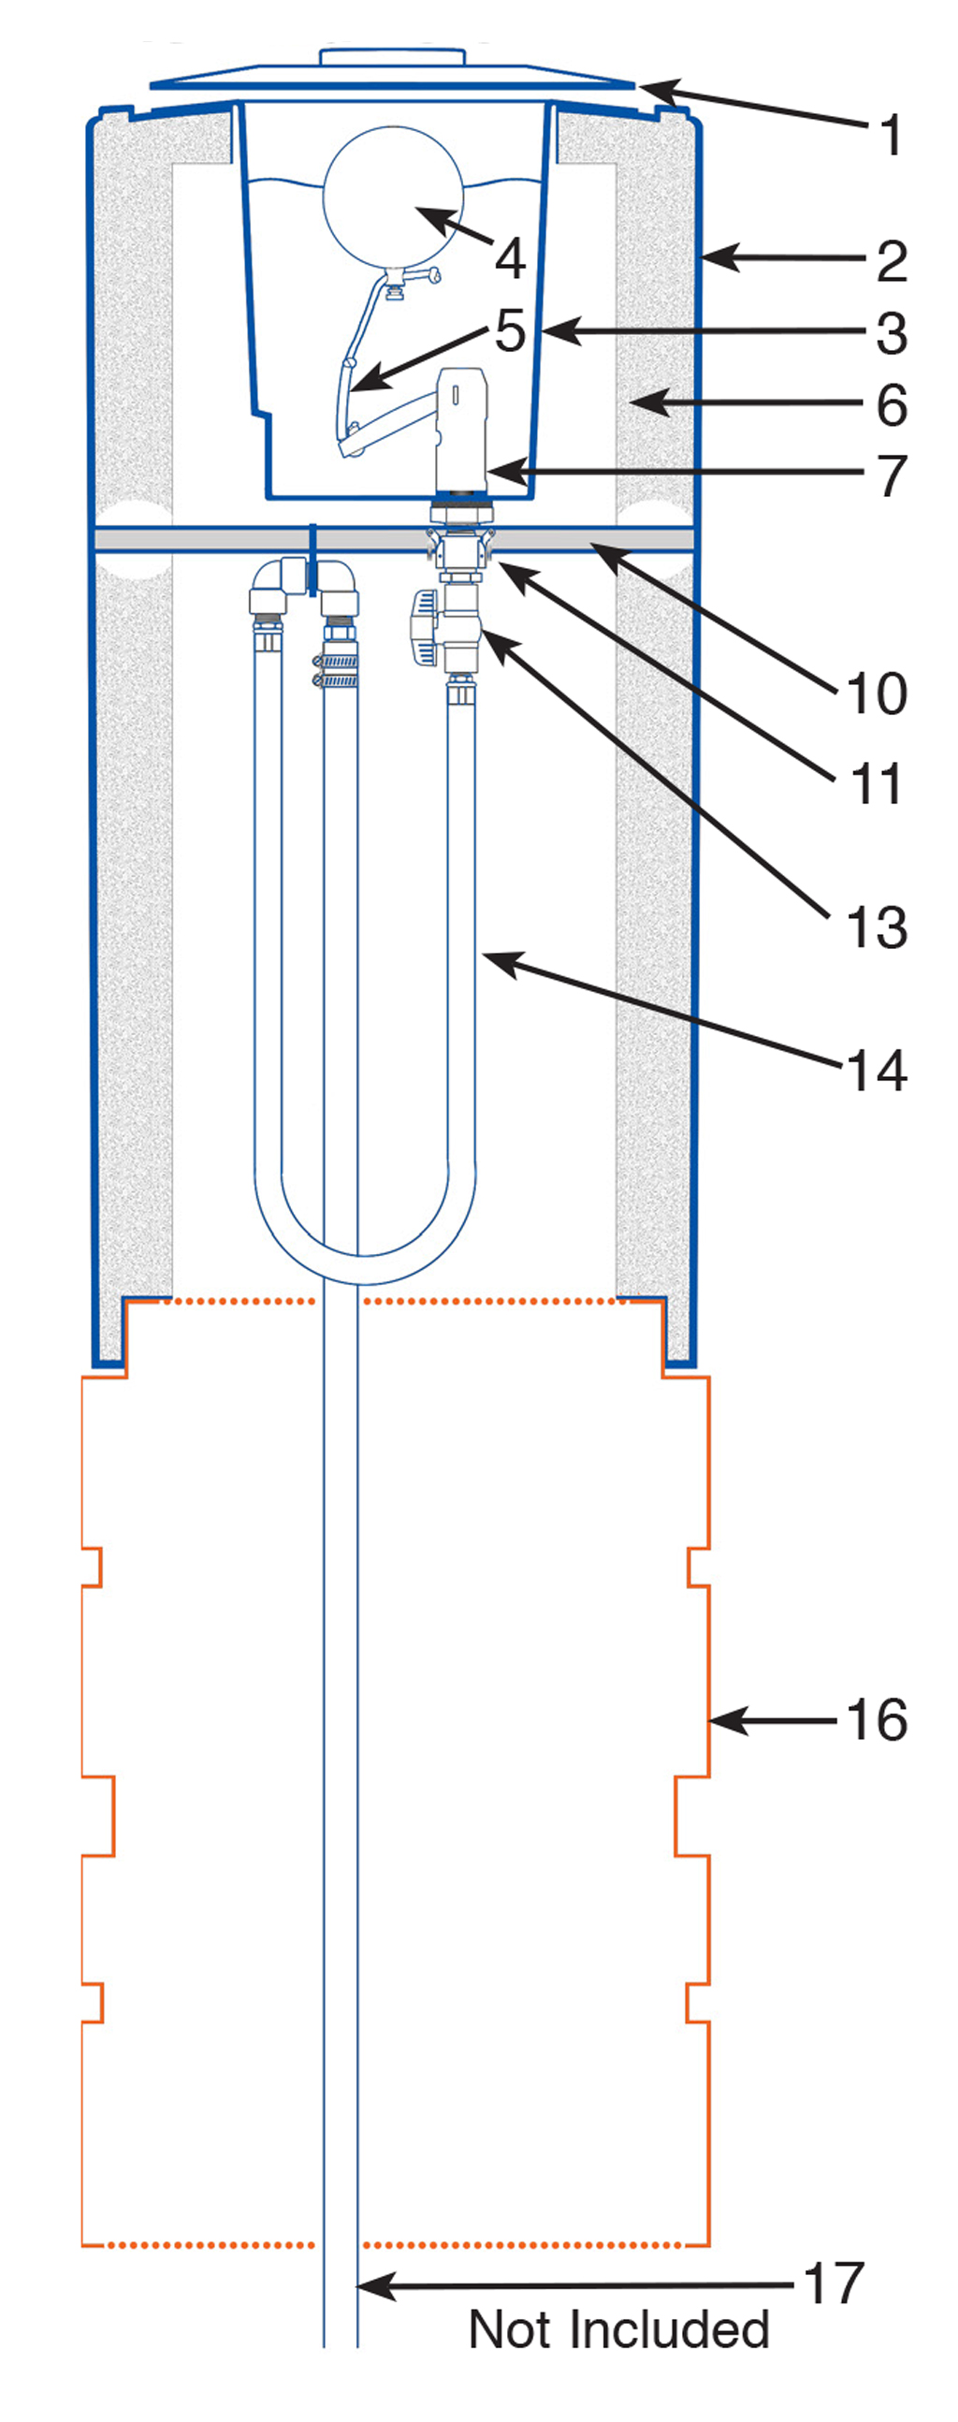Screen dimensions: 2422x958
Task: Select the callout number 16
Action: pos(876,1721)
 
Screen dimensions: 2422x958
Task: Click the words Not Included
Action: pos(618,2330)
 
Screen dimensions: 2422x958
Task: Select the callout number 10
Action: pos(876,693)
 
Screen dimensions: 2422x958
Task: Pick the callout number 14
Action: pos(876,1070)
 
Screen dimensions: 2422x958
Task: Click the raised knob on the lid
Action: pos(392,57)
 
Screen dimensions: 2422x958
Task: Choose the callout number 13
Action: pos(876,928)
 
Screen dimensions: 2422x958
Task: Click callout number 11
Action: pos(876,783)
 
